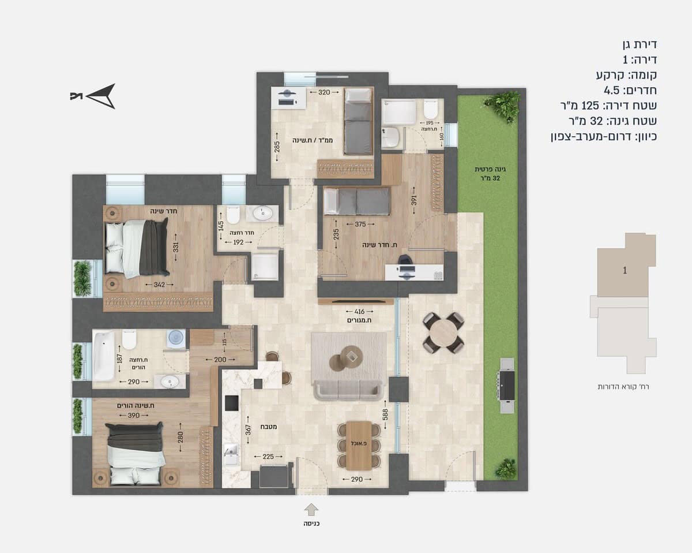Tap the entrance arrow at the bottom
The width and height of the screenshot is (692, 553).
tap(311, 509)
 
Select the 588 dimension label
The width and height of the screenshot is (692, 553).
tap(385, 414)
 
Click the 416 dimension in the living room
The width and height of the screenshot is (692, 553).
tap(359, 312)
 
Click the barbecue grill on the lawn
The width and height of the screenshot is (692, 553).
tap(507, 385)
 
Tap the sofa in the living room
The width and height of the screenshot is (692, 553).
tap(348, 390)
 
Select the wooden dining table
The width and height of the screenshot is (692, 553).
tap(359, 446)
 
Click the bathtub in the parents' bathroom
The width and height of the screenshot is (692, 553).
tap(104, 356)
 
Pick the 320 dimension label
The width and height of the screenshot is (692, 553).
tap(324, 92)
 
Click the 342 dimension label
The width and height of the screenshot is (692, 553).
tap(159, 285)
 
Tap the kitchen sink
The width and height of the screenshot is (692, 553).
tap(231, 453)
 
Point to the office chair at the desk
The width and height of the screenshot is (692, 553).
tap(404, 260)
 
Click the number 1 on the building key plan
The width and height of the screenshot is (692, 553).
tap(625, 271)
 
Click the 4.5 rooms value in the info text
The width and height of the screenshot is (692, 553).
tap(612, 91)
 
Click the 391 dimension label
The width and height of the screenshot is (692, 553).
tap(414, 200)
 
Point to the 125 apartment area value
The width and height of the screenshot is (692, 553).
tap(590, 105)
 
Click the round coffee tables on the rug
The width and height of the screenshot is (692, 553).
tap(347, 358)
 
